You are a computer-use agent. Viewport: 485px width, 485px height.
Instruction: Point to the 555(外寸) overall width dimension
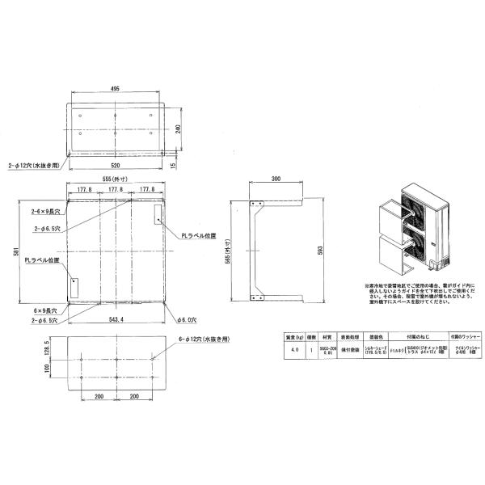point(116,179)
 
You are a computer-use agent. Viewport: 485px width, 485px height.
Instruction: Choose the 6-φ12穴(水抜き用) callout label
point(204,340)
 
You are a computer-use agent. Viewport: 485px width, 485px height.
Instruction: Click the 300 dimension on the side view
point(276,179)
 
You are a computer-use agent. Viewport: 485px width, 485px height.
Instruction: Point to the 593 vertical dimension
point(319,251)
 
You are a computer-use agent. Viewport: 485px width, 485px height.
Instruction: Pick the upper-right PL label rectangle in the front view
point(158,214)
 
